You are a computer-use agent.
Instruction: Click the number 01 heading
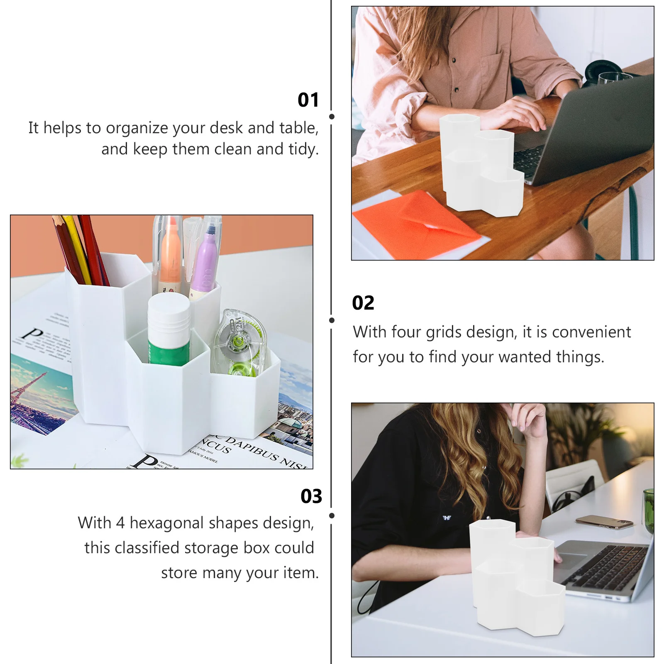tap(308, 100)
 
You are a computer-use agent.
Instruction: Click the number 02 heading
tap(363, 303)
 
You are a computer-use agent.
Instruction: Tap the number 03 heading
tap(311, 496)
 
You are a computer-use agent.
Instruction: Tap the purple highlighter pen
tap(205, 266)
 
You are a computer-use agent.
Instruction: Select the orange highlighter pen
tap(170, 261)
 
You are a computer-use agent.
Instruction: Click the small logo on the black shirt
tap(447, 518)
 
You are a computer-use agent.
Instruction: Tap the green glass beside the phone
tap(648, 510)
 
